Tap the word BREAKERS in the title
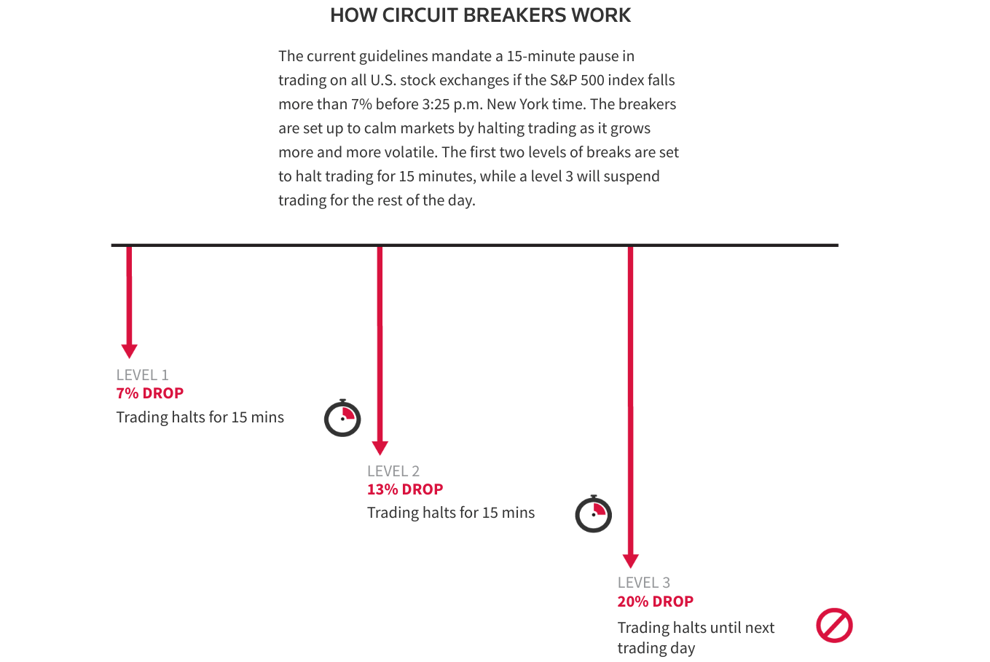coord(514,15)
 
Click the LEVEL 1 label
coord(142,375)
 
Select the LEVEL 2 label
coord(393,471)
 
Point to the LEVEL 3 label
coord(644,583)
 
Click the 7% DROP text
coord(150,393)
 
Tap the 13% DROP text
coord(405,489)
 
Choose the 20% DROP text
coord(656,602)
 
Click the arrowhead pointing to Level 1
coord(129,351)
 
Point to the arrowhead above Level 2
coord(380,448)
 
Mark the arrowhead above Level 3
coord(631,561)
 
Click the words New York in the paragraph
coord(515,104)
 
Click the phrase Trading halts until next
coord(696,628)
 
